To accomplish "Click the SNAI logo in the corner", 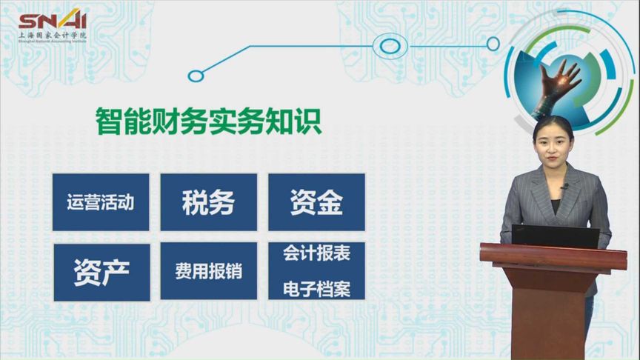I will click(52, 21).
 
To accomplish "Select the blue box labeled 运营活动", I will click(101, 202).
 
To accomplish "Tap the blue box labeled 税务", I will click(208, 202).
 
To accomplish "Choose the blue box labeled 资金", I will click(316, 202).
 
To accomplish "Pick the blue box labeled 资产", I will click(101, 271).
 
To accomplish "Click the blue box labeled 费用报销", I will click(208, 271).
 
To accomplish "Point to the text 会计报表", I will click(316, 254).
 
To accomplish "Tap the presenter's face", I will click(553, 145).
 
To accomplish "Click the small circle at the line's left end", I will click(196, 75).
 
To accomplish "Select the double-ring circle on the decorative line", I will click(390, 45).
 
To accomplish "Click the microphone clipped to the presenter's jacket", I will click(564, 187).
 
